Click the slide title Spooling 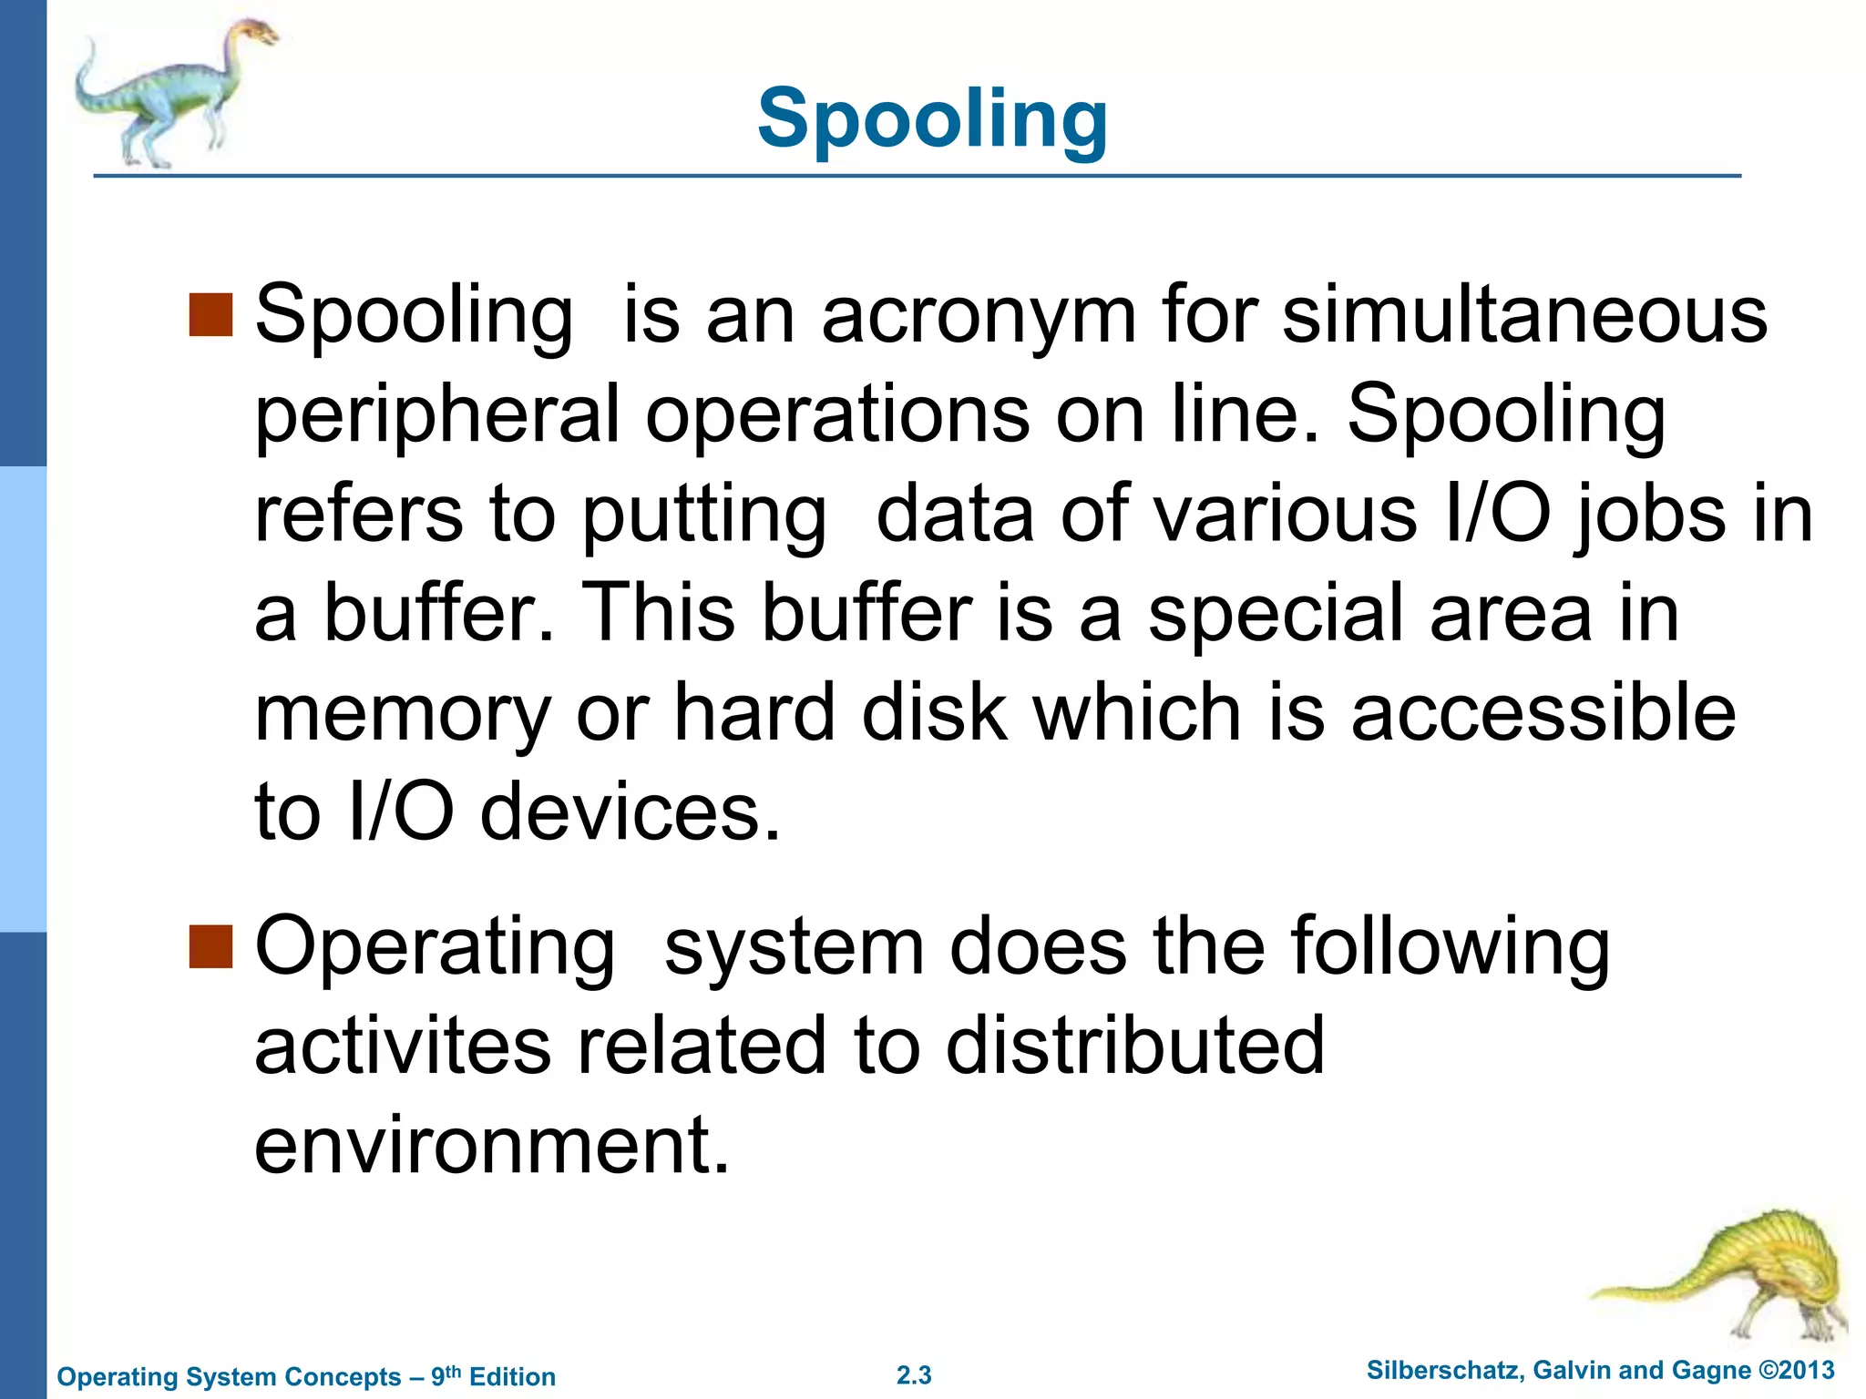coord(932,118)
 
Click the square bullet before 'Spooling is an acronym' coord(211,315)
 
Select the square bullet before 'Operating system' coord(211,946)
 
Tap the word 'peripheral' coord(436,415)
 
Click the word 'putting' coord(703,516)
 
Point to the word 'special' coord(1276,614)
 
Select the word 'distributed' coord(1134,1046)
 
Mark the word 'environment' coord(492,1145)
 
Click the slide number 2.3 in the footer coord(914,1375)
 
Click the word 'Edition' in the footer coord(512,1376)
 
